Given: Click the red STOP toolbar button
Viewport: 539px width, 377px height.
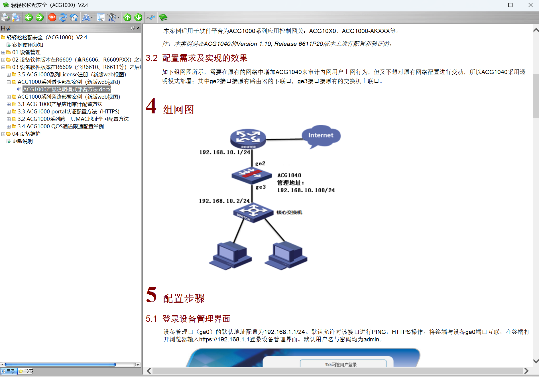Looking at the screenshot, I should coord(52,18).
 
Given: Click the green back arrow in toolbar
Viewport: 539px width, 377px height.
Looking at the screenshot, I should coord(29,18).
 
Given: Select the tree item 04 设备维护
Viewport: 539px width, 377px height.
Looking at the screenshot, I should coord(26,134).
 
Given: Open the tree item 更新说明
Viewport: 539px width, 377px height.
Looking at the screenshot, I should coord(22,141).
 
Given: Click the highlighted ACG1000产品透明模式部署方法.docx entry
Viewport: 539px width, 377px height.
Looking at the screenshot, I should coord(67,89).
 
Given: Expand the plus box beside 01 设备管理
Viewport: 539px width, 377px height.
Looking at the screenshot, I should coord(3,52).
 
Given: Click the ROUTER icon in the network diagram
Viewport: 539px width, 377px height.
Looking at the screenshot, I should coord(248,138).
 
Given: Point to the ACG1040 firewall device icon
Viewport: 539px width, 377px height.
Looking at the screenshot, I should coord(251,175).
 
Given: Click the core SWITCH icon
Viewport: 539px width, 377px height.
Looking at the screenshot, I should coord(253,212).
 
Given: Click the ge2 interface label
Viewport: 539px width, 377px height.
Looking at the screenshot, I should coord(260,164).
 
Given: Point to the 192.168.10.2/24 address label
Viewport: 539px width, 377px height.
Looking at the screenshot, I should coord(224,201).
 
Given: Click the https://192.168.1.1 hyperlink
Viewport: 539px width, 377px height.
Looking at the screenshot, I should coord(224,339).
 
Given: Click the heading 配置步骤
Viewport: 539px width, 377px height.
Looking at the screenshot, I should coord(184,298).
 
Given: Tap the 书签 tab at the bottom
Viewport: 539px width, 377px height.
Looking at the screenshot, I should coord(26,371).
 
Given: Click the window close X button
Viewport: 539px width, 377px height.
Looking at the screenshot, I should coord(530,5).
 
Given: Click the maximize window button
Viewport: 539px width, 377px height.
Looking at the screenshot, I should coord(510,5).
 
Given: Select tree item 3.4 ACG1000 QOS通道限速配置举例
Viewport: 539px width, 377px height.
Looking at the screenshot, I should coord(61,127).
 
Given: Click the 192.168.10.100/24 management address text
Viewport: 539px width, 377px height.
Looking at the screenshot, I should coord(306,190).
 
